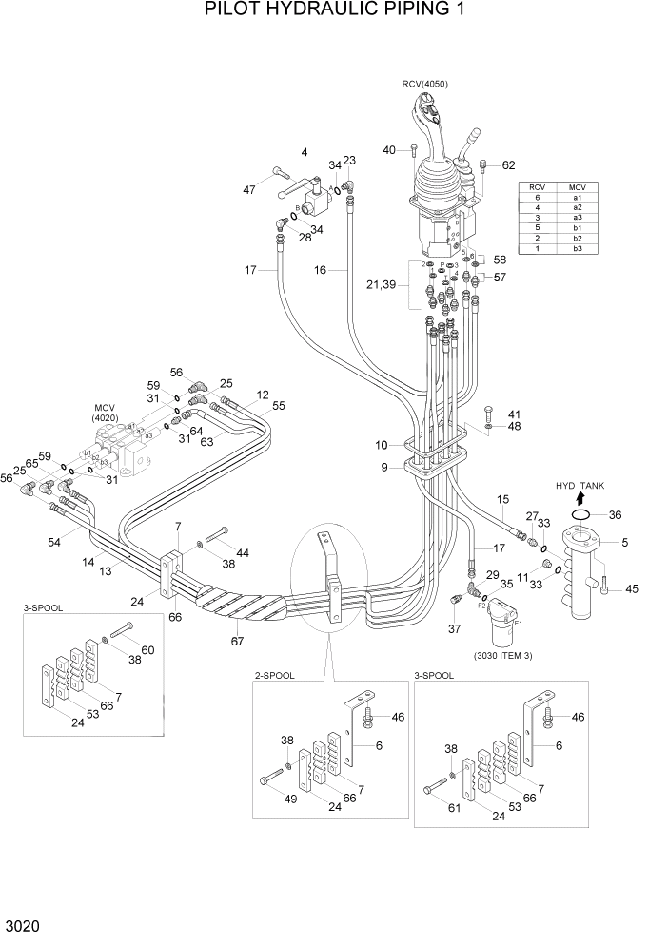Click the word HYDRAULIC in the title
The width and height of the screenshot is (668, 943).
coord(324,11)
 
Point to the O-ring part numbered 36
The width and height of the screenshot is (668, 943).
coord(581,515)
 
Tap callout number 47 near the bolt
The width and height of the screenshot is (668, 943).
coord(249,190)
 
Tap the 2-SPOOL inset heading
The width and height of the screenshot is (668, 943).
coord(275,675)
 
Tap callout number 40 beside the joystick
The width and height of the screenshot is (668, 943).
coord(388,150)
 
